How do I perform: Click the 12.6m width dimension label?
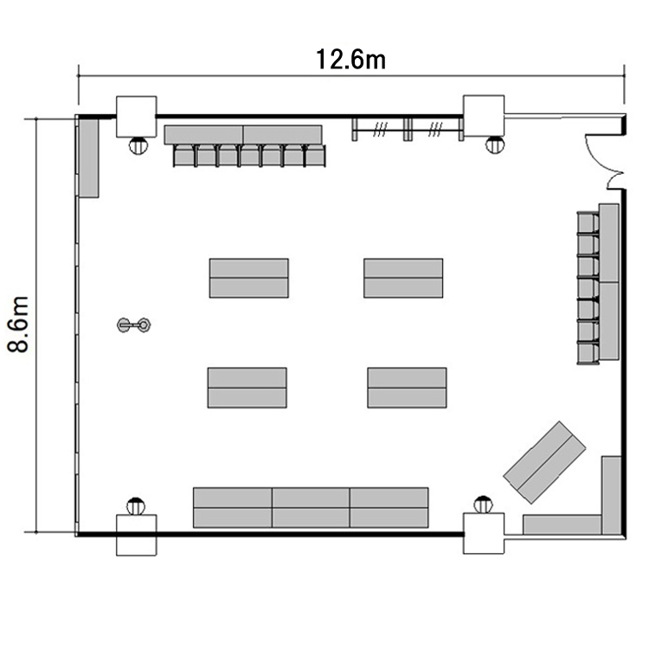tap(350, 60)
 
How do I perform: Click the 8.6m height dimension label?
tap(18, 324)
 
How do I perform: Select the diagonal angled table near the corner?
tap(544, 462)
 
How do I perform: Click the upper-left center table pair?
tap(248, 278)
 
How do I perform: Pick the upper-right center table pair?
tap(403, 278)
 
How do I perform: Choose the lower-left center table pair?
tap(247, 388)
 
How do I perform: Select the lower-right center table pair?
tap(407, 388)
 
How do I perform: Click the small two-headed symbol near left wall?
tap(133, 324)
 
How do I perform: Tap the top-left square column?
tap(136, 117)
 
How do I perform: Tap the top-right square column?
tap(484, 116)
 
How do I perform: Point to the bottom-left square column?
tap(136, 535)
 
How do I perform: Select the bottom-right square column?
tap(484, 533)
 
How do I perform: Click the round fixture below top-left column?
tap(138, 145)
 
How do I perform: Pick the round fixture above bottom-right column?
tap(483, 504)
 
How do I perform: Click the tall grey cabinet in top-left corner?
tap(89, 158)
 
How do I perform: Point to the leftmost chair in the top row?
tap(184, 156)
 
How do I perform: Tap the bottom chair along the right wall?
tap(588, 354)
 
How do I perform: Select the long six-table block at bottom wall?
tap(311, 507)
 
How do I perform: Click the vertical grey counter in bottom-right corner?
tap(611, 496)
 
